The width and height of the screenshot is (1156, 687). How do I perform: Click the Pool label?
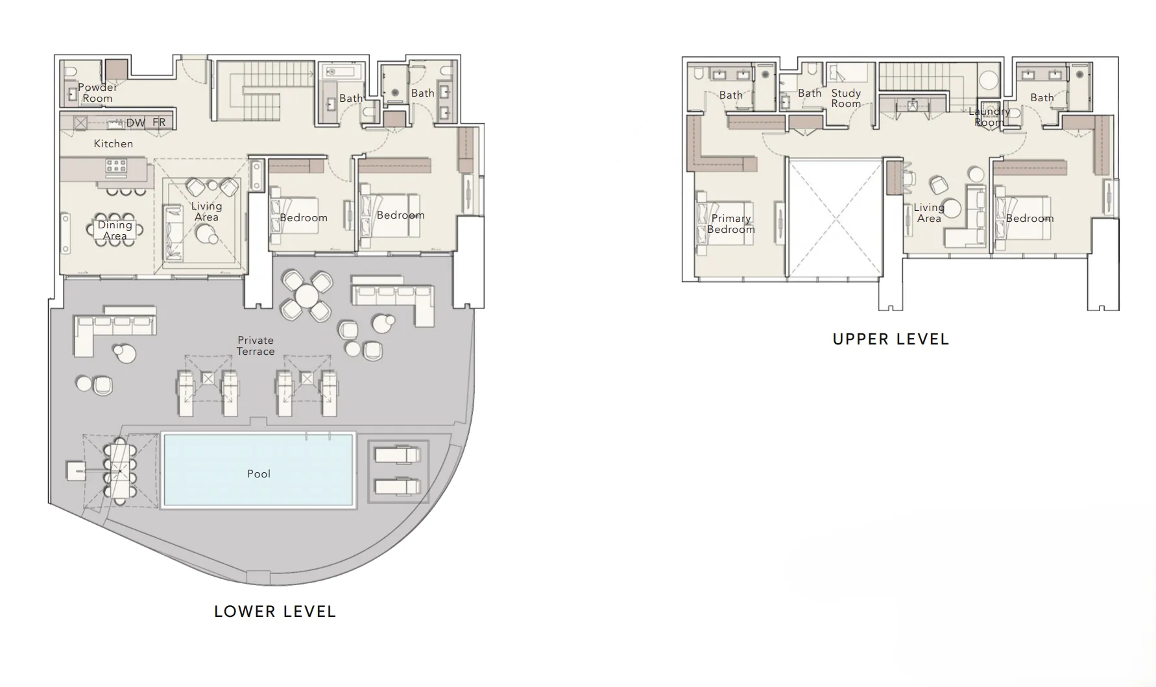(x=258, y=474)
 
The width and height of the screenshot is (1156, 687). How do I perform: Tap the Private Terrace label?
(x=256, y=346)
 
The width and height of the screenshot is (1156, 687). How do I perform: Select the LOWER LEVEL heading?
(x=275, y=612)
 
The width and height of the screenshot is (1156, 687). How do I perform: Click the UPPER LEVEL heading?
(x=891, y=339)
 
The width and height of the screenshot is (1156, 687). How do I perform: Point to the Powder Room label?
(x=97, y=93)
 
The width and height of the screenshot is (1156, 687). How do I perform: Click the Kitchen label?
(x=113, y=144)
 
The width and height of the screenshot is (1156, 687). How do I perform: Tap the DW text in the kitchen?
(x=136, y=123)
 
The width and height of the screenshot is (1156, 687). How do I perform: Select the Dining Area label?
(x=115, y=230)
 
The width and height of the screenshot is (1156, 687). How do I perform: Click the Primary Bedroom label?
(x=730, y=224)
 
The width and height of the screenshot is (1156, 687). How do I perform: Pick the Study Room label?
(x=846, y=99)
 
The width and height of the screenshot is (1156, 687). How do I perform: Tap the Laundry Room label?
(x=989, y=117)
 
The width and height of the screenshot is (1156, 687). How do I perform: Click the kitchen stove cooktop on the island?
(x=116, y=167)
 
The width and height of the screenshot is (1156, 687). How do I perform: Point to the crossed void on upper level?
(x=834, y=217)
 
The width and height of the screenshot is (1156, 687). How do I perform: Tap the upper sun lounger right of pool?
(x=396, y=455)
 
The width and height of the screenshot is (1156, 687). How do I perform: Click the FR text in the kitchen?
(x=159, y=123)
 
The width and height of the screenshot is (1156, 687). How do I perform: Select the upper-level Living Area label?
(x=928, y=213)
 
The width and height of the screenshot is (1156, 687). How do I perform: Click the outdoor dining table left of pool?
(x=119, y=470)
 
